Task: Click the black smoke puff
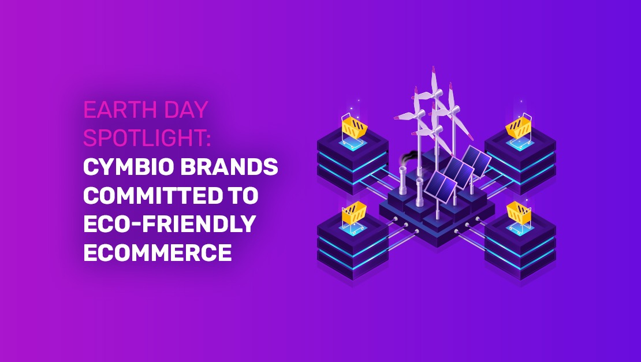pos(407,156)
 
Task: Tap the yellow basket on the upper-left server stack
pos(353,126)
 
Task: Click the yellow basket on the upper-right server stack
pos(518,126)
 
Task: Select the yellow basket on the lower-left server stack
pos(353,214)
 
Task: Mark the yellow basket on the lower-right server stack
pos(518,214)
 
